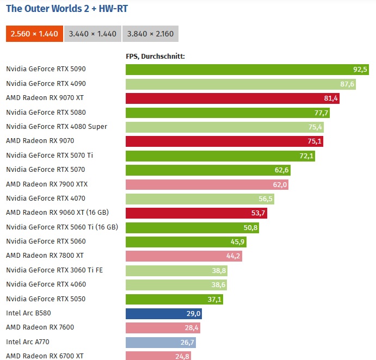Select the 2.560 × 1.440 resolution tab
tap(34, 34)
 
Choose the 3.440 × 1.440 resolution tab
tap(93, 34)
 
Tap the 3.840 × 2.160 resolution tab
tap(150, 34)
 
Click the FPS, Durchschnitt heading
tap(156, 55)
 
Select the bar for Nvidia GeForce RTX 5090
tap(248, 69)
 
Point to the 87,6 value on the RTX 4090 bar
tap(347, 84)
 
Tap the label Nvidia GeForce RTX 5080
tap(46, 112)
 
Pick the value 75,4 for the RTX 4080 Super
tap(316, 127)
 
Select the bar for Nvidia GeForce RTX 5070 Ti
tap(220, 156)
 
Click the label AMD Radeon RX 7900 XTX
tap(47, 184)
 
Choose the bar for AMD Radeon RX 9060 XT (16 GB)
tap(196, 213)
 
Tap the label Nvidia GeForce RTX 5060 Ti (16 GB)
tap(63, 227)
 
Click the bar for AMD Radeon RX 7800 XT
tap(183, 256)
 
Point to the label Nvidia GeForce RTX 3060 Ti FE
tap(54, 270)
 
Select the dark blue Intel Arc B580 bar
tap(164, 313)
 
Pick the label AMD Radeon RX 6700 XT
tap(45, 356)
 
